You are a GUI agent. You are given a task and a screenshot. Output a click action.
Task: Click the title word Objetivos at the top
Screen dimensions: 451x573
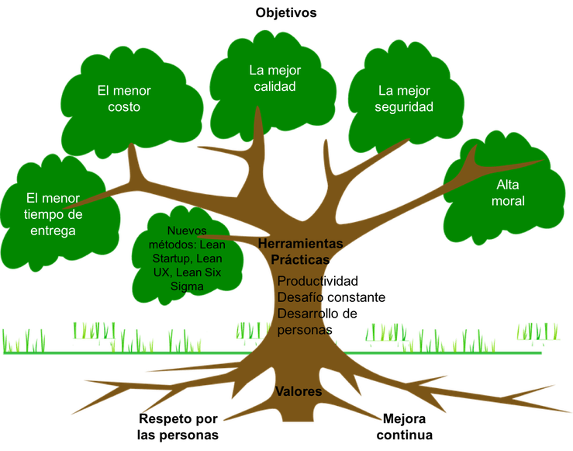[285, 12]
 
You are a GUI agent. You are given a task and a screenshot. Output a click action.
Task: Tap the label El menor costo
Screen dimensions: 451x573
[124, 99]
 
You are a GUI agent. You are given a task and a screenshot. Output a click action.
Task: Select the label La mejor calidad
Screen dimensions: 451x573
[275, 78]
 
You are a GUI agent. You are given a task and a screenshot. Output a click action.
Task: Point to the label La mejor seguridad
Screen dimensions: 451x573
[403, 99]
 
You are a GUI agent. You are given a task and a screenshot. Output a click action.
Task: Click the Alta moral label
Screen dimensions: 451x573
[510, 193]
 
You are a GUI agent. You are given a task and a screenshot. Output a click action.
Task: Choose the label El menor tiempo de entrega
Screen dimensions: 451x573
[54, 213]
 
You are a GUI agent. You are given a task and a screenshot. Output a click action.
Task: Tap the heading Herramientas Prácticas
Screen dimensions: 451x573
[294, 252]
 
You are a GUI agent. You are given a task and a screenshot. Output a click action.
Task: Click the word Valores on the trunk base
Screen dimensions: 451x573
[299, 392]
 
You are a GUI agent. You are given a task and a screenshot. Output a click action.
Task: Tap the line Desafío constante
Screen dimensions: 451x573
[331, 297]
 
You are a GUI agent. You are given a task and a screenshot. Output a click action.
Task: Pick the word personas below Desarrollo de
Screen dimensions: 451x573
[305, 329]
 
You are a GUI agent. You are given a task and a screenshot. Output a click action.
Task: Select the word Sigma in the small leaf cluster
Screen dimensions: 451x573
[187, 286]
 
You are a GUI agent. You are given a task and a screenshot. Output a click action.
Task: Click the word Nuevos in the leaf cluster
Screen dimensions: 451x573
[186, 231]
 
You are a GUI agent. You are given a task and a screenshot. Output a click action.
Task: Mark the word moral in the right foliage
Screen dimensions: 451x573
[510, 201]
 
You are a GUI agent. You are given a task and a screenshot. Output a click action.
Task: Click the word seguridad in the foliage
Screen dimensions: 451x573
[403, 107]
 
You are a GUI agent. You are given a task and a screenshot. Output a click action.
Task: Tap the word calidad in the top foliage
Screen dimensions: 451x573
[275, 87]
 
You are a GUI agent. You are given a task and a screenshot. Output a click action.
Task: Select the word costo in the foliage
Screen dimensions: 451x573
[124, 107]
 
